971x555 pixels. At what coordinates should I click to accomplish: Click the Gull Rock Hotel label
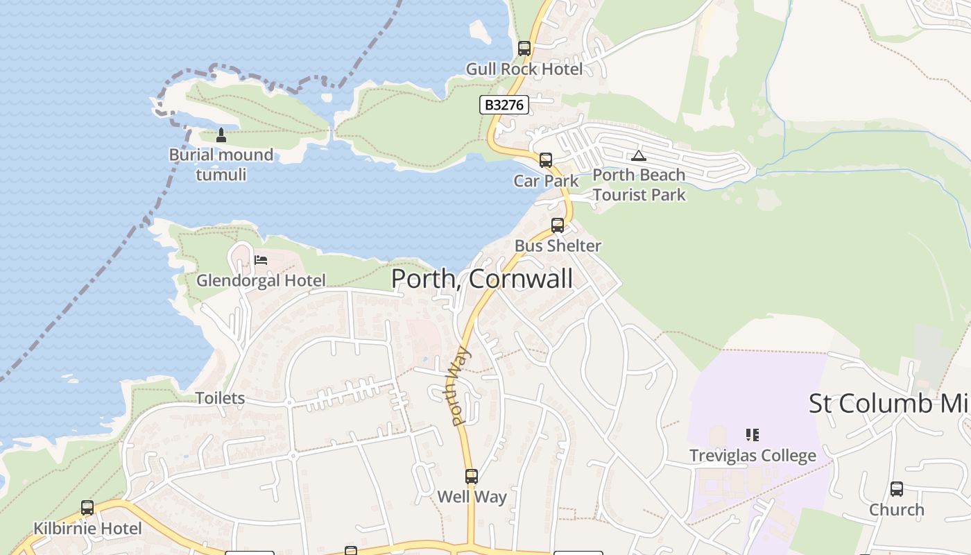coord(524,69)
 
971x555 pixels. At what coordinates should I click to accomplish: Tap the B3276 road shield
coord(504,105)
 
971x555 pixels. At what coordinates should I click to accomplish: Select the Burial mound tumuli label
coord(221,164)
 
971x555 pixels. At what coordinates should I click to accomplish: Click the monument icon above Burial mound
coord(221,135)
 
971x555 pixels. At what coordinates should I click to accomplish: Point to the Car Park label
coord(546,180)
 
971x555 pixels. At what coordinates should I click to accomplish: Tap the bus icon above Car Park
coord(546,160)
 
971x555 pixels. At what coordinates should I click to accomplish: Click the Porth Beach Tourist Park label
coord(639,185)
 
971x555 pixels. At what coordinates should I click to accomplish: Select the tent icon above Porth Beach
coord(639,155)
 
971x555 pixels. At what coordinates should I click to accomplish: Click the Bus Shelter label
coord(558,246)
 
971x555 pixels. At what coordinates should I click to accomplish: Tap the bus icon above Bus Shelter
coord(558,225)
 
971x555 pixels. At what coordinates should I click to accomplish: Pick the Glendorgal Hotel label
coord(261,280)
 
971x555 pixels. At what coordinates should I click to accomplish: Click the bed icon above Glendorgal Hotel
coord(261,260)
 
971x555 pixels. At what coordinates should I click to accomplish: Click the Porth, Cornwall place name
coord(482,279)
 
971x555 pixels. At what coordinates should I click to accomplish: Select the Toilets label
coord(220,398)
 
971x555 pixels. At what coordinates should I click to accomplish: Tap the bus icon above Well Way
coord(472,477)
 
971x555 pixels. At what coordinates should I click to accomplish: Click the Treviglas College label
coord(753,455)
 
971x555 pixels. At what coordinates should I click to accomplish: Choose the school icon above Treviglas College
coord(753,435)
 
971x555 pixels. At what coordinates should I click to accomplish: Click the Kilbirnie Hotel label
coord(87,528)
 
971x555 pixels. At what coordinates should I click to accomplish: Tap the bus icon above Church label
coord(897,489)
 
